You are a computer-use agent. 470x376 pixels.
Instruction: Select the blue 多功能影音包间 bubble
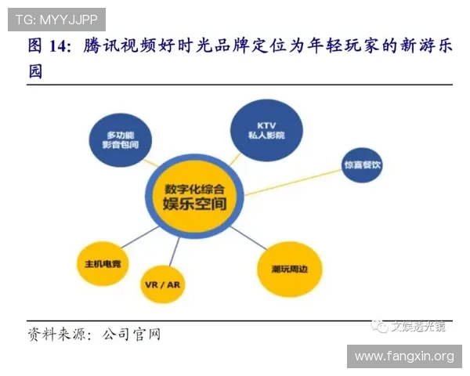pyautogui.click(x=120, y=141)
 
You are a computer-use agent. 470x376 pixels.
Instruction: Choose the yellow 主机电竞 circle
pyautogui.click(x=103, y=262)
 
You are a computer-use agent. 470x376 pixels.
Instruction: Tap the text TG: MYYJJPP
pyautogui.click(x=55, y=17)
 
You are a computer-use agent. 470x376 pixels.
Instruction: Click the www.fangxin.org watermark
pyautogui.click(x=403, y=356)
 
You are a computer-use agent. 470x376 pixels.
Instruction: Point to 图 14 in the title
pyautogui.click(x=49, y=47)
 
